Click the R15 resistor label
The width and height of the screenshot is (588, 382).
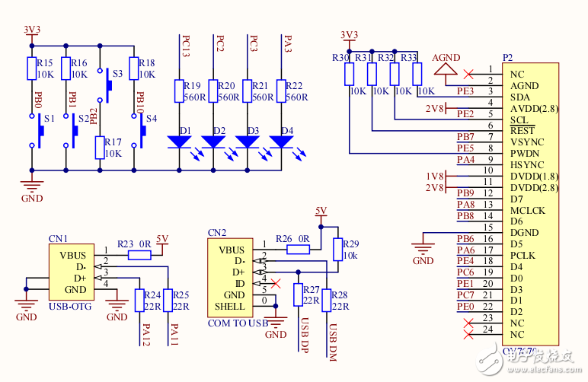tap(45, 62)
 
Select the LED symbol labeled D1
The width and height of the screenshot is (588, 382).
tap(180, 141)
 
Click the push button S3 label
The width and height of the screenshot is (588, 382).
tap(117, 74)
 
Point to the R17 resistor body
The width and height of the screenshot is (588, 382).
tap(99, 147)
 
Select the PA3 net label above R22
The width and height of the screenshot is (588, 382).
tap(287, 44)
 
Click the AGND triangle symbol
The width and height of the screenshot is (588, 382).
tap(445, 69)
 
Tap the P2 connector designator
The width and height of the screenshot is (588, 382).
tap(507, 58)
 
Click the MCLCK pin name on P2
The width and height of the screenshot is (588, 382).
tap(527, 210)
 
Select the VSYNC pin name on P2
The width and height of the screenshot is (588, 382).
tap(527, 142)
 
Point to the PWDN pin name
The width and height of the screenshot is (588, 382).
tap(526, 154)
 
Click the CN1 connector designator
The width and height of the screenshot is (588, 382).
tap(58, 238)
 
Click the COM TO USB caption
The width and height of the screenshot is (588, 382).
tap(238, 323)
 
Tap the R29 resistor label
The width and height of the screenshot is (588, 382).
tap(350, 244)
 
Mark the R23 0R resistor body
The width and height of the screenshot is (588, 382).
tap(139, 256)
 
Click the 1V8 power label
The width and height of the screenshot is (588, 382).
tap(435, 176)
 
